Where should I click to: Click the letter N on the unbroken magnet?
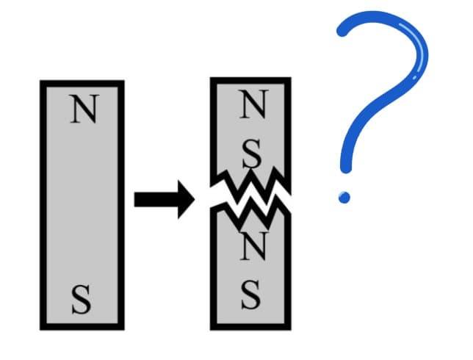tap(84, 109)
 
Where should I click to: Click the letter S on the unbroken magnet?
tap(82, 300)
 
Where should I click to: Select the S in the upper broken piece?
tap(252, 154)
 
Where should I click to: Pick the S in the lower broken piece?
tap(251, 294)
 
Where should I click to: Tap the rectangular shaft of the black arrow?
tap(156, 199)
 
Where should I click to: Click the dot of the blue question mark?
tap(344, 198)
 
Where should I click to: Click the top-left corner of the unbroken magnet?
tap(40, 81)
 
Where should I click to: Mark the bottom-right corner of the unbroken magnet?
tap(124, 330)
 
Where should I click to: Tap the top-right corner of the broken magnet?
tap(291, 78)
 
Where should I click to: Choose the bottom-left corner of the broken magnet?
tap(211, 330)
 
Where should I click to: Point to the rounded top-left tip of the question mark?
tap(342, 31)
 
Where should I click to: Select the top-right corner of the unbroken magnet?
tap(124, 81)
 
